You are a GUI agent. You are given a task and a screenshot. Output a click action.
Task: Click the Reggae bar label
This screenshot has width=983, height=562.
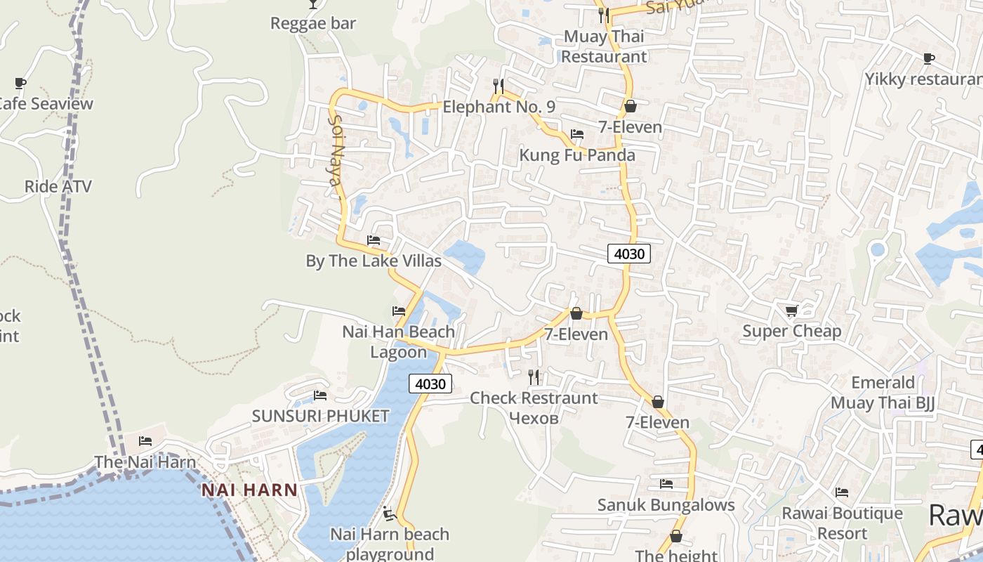(x=313, y=23)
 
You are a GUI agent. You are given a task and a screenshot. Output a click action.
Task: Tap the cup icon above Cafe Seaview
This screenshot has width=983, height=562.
(x=20, y=84)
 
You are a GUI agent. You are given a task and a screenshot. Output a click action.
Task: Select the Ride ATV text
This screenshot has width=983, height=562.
(x=58, y=186)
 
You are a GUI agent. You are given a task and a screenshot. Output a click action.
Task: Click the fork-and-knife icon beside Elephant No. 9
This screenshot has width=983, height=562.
(x=499, y=86)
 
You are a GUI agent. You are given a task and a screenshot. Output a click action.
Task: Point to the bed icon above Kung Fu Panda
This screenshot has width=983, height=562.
(x=577, y=134)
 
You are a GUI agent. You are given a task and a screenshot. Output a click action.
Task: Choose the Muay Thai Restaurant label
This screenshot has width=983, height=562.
(x=604, y=46)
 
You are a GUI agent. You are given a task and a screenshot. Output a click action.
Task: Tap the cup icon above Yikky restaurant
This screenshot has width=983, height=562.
(x=929, y=58)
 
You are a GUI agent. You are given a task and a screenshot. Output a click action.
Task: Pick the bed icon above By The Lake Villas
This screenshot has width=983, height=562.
(x=374, y=240)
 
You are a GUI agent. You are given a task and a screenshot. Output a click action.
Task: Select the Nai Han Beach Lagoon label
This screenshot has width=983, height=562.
(x=398, y=341)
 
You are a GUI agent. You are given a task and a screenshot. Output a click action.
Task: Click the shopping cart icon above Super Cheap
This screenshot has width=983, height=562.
(x=791, y=311)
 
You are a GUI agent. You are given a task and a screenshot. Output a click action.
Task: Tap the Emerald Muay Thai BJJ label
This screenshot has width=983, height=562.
(x=883, y=393)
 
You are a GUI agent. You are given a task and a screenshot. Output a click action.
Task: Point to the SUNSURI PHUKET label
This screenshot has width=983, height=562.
(x=320, y=416)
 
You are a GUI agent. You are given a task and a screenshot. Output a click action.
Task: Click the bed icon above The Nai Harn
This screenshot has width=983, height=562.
(x=145, y=441)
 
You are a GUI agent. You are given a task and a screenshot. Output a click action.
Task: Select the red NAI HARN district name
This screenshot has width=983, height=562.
(x=249, y=490)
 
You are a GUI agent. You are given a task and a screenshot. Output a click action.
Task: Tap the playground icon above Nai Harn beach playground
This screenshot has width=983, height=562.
(x=390, y=514)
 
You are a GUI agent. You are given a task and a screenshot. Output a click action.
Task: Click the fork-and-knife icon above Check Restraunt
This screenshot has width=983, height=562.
(x=534, y=377)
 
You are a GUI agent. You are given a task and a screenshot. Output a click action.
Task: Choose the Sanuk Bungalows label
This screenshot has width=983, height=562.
(x=666, y=504)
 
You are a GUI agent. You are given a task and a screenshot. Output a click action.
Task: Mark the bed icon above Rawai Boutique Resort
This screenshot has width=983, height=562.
(x=842, y=492)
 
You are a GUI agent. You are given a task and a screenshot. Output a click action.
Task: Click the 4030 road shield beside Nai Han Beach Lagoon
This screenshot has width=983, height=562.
(x=430, y=384)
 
